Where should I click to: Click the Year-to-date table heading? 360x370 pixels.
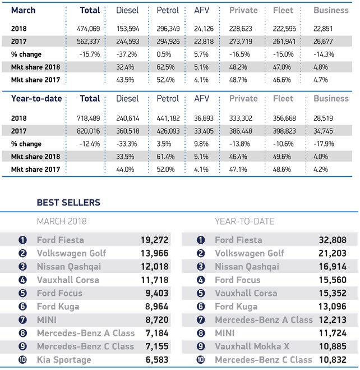coord(37,99)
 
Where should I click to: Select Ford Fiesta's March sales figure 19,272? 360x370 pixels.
coord(154,240)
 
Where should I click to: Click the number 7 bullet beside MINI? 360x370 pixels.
coord(22,320)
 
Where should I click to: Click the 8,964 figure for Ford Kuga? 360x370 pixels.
coord(155,307)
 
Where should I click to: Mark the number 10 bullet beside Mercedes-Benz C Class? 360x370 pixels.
coord(200,360)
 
